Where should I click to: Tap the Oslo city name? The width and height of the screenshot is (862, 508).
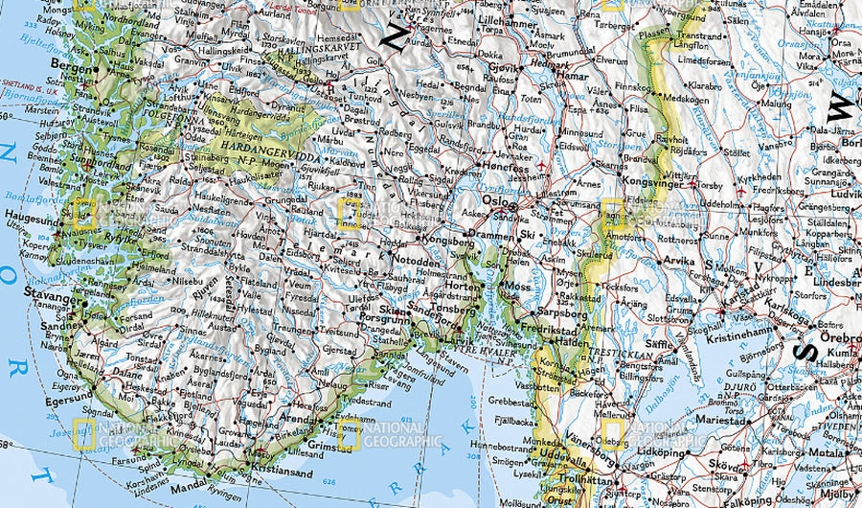click(x=492, y=202)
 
